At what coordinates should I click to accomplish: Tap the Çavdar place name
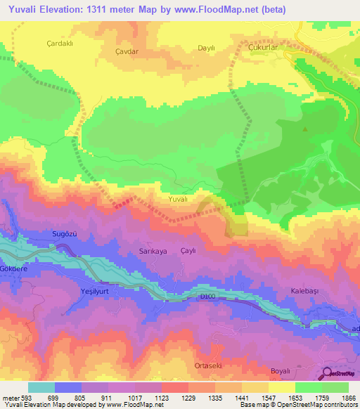pyautogui.click(x=128, y=52)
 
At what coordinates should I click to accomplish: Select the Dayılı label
pyautogui.click(x=206, y=48)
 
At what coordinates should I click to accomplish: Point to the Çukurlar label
pyautogui.click(x=266, y=46)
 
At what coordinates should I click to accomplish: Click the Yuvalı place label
pyautogui.click(x=179, y=200)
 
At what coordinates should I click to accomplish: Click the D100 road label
pyautogui.click(x=207, y=297)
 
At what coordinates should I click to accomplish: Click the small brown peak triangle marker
pyautogui.click(x=304, y=129)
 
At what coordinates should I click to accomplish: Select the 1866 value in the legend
pyautogui.click(x=348, y=398)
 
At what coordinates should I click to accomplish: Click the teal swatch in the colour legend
pyautogui.click(x=41, y=387)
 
